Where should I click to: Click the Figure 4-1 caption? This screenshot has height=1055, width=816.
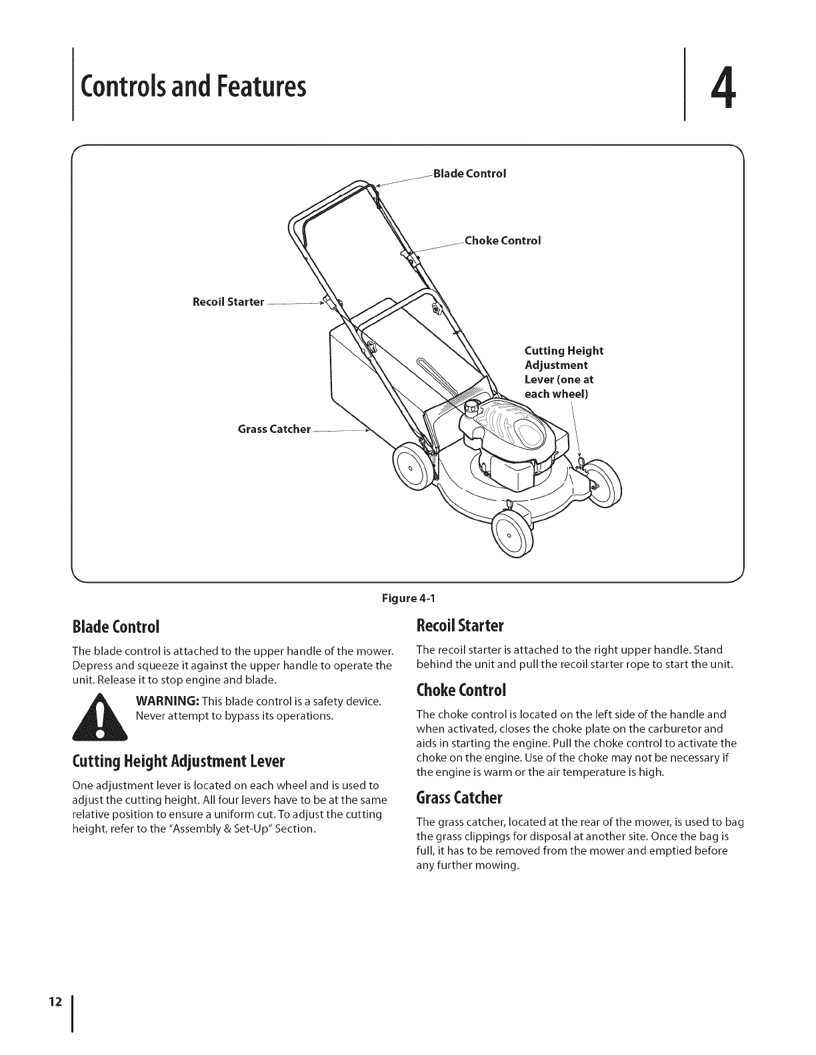(407, 597)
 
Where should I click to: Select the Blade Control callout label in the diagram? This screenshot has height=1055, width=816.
(469, 174)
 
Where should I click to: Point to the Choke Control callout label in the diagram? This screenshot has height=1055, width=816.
(502, 240)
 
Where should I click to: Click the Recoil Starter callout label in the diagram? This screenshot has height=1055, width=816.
(228, 302)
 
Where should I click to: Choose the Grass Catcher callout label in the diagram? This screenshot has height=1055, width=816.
(274, 429)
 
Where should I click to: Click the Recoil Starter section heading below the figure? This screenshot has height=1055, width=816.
(460, 626)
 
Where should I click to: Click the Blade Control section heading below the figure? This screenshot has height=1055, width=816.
(115, 627)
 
